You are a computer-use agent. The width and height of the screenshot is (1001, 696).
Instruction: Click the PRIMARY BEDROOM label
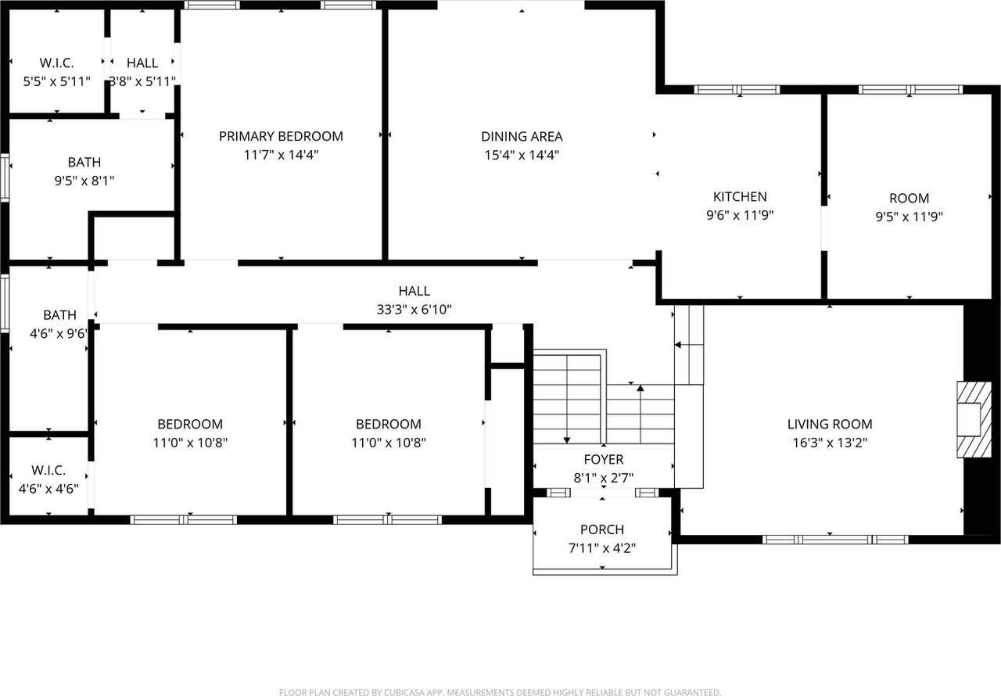(x=281, y=136)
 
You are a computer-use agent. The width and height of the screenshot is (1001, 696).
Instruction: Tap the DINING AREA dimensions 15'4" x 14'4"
(x=522, y=155)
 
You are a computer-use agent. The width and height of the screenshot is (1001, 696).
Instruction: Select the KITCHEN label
(x=740, y=196)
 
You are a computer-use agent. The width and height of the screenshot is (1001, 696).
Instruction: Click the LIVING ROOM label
(x=830, y=424)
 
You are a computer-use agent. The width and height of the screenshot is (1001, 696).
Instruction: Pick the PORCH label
(x=602, y=529)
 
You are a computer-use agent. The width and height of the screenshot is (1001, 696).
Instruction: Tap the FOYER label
(x=604, y=459)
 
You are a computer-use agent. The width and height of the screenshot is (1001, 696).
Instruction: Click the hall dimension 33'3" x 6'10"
(x=414, y=310)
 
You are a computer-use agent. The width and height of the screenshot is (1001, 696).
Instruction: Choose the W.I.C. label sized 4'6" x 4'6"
(x=48, y=471)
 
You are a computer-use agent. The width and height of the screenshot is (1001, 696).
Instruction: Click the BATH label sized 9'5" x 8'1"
(x=84, y=162)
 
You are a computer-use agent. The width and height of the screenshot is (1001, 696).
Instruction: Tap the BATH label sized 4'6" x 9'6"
(x=59, y=315)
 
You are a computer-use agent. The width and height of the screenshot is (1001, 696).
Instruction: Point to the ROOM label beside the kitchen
(x=909, y=198)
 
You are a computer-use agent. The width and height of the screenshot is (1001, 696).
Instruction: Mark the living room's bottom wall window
(x=835, y=539)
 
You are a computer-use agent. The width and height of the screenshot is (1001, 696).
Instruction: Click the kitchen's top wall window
(x=737, y=89)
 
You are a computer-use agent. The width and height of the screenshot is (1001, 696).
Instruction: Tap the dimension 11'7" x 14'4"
(x=281, y=155)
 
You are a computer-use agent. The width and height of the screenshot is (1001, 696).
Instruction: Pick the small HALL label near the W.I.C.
(x=142, y=63)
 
